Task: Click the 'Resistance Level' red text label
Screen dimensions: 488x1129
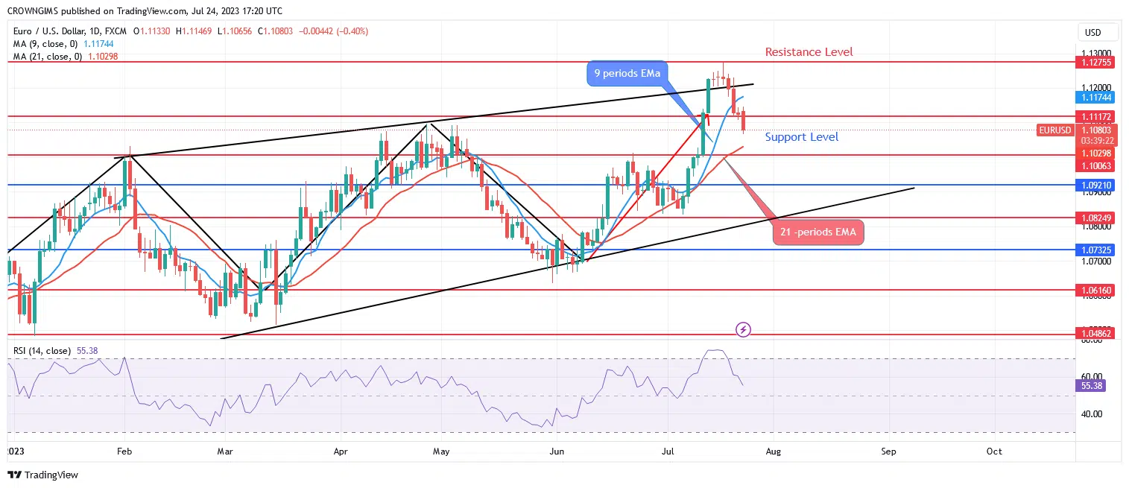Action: (809, 52)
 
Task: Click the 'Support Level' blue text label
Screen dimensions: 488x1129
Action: (801, 137)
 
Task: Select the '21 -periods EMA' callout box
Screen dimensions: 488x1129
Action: (818, 232)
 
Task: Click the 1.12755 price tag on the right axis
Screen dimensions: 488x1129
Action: (1098, 63)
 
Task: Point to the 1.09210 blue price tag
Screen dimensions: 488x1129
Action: (1098, 185)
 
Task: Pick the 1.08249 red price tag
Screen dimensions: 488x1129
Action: (1098, 218)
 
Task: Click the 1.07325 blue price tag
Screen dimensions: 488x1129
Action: (1098, 250)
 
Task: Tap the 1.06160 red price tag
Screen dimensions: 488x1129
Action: (1098, 290)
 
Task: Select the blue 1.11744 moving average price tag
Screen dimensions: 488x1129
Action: (1098, 98)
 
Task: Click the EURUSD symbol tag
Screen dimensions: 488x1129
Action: (1054, 130)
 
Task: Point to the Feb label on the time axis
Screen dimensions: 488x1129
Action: (124, 451)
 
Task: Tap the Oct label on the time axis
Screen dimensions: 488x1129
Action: (993, 451)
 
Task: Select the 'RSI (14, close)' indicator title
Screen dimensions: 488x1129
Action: (42, 350)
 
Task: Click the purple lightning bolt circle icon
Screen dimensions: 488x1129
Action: (743, 329)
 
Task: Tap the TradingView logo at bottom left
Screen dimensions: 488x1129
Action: (43, 475)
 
